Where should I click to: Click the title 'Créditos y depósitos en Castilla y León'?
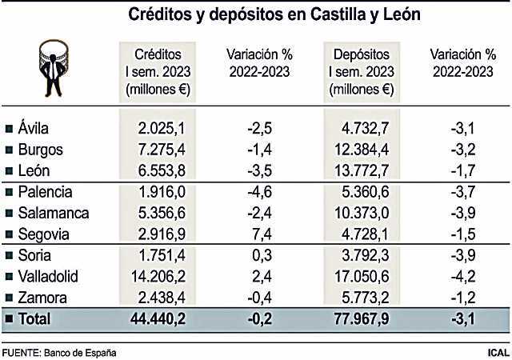coord(263,14)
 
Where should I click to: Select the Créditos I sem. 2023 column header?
coord(158,71)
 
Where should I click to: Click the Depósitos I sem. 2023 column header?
coord(362,71)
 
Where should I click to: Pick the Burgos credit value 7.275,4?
coord(165,149)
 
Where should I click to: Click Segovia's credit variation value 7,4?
coord(266,234)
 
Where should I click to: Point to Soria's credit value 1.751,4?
coord(165,256)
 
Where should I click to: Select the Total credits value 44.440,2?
coord(161,319)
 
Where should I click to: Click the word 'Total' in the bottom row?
coord(35,319)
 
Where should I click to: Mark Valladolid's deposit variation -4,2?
coord(465,277)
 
